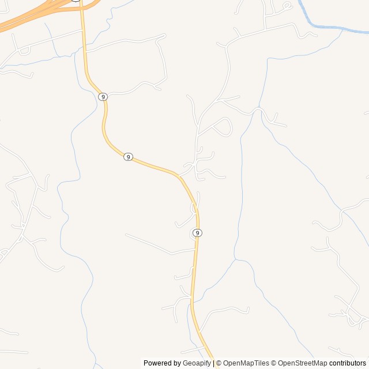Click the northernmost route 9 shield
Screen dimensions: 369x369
coord(103,97)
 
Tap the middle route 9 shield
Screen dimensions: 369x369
coord(128,157)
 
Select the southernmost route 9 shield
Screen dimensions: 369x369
coord(198,233)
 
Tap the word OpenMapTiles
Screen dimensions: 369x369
coord(246,363)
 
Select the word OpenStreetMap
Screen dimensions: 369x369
coord(302,363)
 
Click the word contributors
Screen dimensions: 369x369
coord(348,363)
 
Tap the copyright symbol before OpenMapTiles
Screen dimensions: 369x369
coord(219,363)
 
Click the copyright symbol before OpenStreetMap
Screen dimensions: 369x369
coord(274,363)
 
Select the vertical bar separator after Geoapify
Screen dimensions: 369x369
coord(213,363)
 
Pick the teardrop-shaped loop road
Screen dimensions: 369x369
coord(224,126)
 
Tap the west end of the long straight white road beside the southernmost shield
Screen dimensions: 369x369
coord(126,235)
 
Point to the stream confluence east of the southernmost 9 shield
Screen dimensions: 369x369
coord(235,259)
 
